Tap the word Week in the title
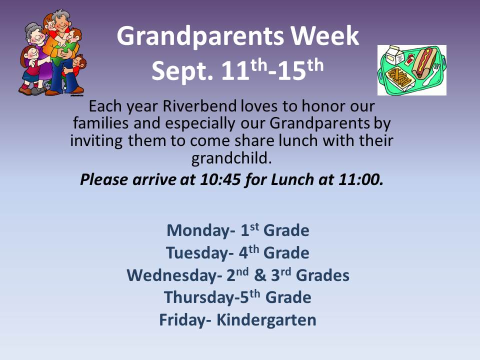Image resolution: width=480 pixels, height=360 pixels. (325, 36)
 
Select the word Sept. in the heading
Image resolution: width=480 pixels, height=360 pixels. (182, 71)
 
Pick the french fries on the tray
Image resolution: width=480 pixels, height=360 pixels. (398, 76)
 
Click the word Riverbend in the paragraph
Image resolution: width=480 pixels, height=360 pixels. (199, 106)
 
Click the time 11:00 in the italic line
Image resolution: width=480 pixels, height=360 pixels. (360, 179)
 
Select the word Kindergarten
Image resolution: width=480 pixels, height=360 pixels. (266, 320)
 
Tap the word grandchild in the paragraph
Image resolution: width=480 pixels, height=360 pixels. (231, 158)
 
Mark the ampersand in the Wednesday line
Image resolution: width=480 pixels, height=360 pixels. (260, 275)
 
